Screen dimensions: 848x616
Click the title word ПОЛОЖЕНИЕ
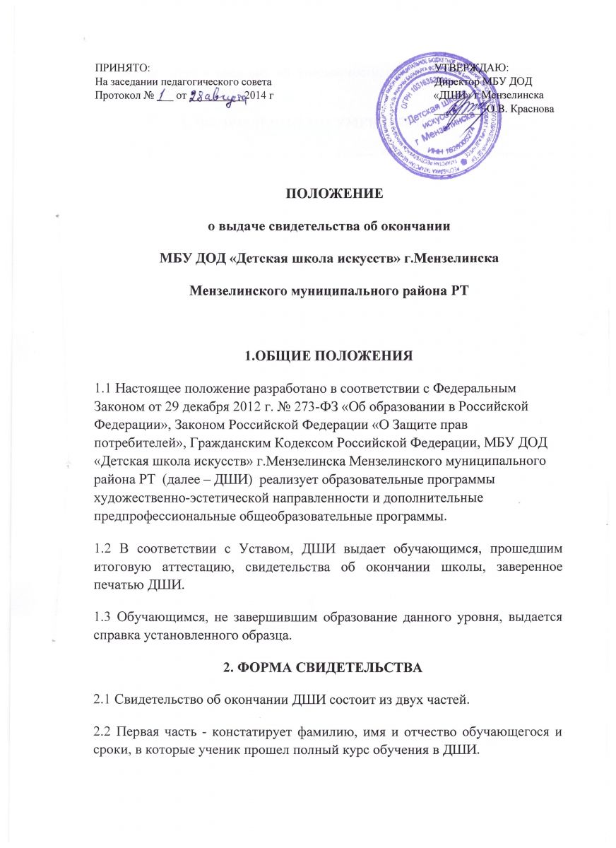(307, 194)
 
